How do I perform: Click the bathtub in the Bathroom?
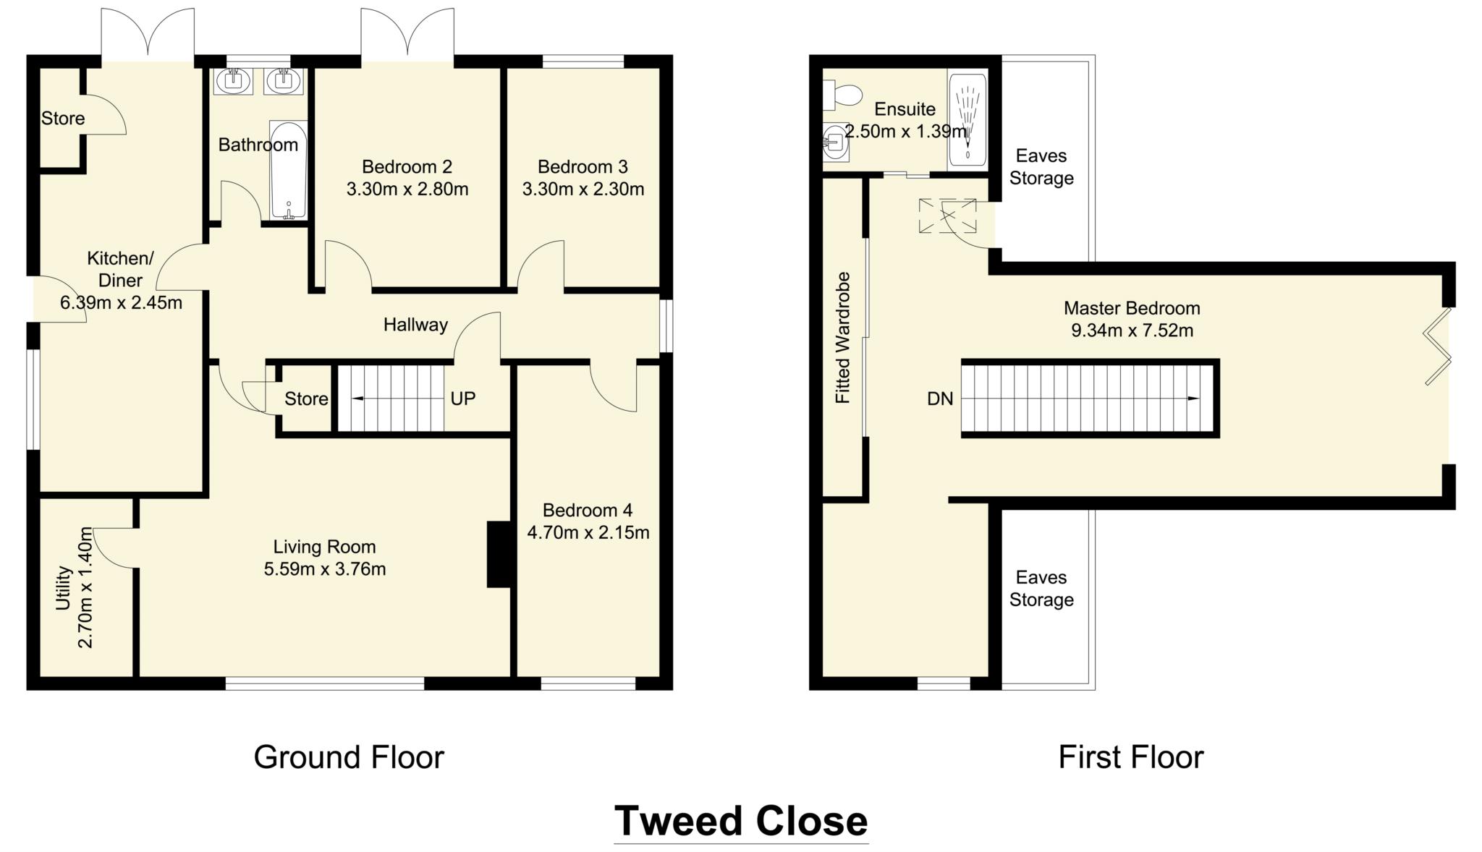289,170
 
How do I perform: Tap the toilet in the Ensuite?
843,95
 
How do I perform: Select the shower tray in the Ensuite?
967,119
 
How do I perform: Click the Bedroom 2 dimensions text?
407,189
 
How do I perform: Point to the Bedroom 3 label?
583,167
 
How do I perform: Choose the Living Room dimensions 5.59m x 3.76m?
325,569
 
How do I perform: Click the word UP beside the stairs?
463,399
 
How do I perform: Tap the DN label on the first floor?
940,399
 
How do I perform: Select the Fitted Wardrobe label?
843,338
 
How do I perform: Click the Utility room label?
64,588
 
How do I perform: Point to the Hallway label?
415,325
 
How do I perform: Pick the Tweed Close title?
741,821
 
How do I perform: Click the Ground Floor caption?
349,757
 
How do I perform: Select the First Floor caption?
1131,757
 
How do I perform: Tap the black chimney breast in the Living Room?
499,554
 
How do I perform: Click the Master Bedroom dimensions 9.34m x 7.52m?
1132,331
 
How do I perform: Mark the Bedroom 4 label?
588,511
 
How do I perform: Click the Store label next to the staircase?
306,399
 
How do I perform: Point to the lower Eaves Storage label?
1041,589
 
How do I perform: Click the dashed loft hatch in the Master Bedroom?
947,216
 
